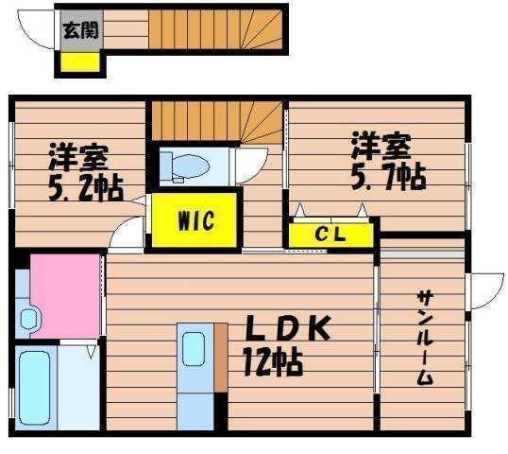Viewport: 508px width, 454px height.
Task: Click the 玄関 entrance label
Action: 80,31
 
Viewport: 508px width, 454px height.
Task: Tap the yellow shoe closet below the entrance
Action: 80,61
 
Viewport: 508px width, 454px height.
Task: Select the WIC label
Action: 196,220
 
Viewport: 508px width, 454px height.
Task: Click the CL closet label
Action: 330,234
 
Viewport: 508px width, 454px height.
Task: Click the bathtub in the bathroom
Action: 34,388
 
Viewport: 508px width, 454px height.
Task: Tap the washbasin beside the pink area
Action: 29,320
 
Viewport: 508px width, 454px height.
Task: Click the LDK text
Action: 288,328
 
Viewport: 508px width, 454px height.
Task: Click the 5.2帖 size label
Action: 86,188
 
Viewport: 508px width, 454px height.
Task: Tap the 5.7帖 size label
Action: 388,176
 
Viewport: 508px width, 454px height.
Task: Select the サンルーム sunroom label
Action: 425,338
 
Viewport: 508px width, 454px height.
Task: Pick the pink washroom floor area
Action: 65,296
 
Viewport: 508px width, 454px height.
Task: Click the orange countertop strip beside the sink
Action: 221,358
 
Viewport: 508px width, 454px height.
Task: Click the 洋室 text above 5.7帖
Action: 381,146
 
